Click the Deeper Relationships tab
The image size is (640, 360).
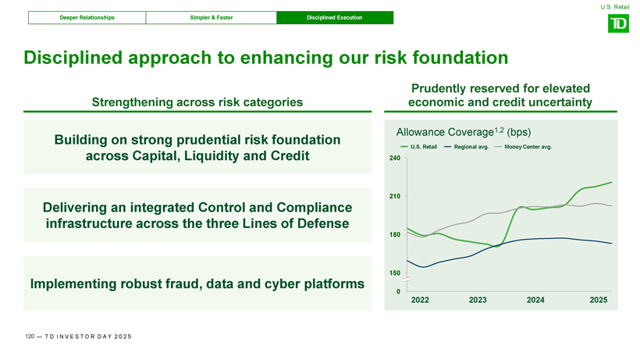[87, 17]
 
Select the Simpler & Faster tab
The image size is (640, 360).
[211, 17]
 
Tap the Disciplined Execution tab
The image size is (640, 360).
[335, 17]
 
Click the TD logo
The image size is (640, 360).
[618, 23]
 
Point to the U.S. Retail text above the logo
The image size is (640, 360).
[615, 7]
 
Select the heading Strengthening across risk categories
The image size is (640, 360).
[197, 102]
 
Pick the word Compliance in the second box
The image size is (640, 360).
[315, 208]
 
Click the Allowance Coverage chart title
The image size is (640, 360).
[464, 132]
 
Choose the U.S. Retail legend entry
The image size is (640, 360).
[419, 147]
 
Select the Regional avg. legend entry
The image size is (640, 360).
[466, 147]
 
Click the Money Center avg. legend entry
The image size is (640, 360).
[523, 147]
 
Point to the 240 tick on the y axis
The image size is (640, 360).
[395, 158]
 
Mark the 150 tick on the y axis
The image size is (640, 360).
[395, 273]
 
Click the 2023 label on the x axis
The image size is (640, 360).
[478, 300]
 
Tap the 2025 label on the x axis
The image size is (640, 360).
[599, 300]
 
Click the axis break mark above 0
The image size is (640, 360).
[407, 280]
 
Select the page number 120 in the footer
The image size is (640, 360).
[30, 337]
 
